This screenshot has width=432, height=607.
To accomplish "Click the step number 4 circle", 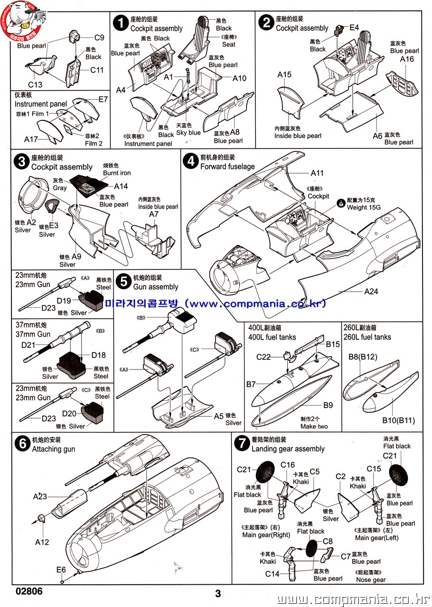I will point(190,161).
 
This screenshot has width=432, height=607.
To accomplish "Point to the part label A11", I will point(317,173).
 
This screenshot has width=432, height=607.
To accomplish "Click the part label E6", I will point(61,570).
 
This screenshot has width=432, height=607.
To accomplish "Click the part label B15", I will point(333,344).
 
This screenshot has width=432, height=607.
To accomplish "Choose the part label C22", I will point(263,357).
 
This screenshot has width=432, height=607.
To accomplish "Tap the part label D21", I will point(29,345).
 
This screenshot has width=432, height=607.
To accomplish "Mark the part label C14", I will point(272,574).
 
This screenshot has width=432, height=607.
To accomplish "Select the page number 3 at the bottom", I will point(218,594).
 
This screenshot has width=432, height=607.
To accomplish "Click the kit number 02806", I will point(29,591).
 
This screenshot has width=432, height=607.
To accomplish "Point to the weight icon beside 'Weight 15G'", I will point(340,202).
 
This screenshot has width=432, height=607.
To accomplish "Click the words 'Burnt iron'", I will point(117,173).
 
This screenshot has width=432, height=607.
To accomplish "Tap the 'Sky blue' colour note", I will point(188,133).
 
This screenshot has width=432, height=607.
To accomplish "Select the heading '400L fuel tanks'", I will point(272,337).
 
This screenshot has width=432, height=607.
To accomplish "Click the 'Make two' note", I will point(314,426).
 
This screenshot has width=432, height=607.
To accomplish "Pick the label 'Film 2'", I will point(94,143).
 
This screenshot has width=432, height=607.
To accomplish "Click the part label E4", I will point(354,28).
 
